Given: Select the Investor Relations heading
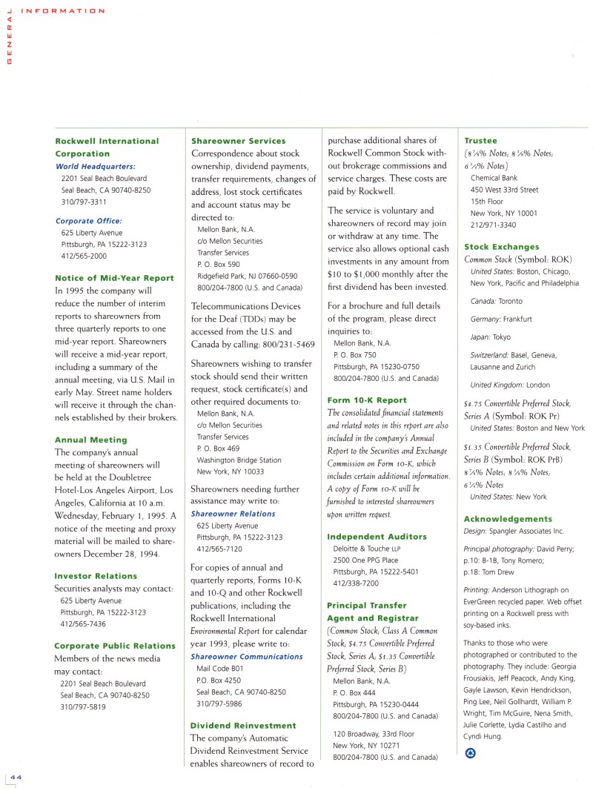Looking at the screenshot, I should (96, 576).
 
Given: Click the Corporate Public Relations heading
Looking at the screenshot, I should (115, 646).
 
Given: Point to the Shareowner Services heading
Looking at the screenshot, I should (238, 141).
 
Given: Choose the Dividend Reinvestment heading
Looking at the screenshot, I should (243, 725).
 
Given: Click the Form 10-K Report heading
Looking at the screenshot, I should (367, 400).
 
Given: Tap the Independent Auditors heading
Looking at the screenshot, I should (377, 537).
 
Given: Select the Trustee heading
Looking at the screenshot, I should (480, 141).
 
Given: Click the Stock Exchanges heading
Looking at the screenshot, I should (502, 247).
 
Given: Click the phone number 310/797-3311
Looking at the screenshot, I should (83, 202).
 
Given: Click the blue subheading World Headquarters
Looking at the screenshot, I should (96, 167).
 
